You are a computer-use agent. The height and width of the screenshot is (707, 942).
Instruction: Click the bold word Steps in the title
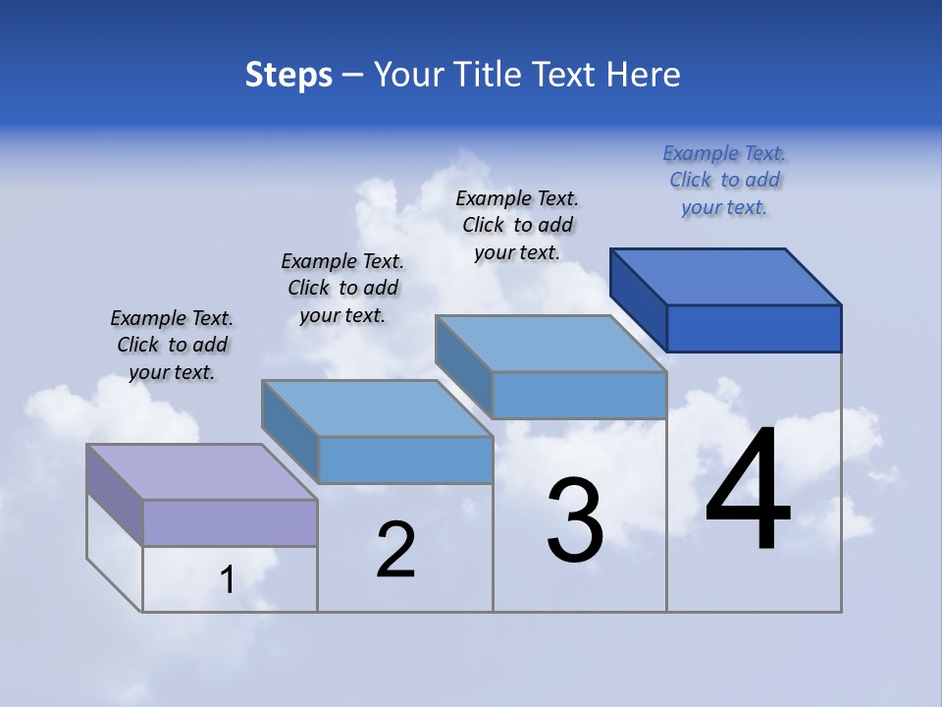tap(288, 75)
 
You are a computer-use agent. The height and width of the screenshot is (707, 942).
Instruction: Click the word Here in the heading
tap(644, 75)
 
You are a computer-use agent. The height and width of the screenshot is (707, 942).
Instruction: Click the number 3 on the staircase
tap(575, 520)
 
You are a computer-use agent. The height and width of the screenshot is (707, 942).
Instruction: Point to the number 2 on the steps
tap(396, 550)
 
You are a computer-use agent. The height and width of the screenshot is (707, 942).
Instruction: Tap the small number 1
tap(227, 580)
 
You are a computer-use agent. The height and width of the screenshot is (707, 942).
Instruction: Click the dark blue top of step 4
tap(726, 276)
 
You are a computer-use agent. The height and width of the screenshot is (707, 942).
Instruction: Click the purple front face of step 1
tap(230, 522)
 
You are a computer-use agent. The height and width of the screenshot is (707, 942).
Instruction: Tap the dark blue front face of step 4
tap(754, 328)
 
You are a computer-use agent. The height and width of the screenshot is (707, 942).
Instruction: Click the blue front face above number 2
tap(405, 460)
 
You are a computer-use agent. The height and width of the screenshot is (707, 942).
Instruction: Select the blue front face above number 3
tap(579, 395)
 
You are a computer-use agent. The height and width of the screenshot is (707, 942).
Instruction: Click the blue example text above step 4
tap(724, 180)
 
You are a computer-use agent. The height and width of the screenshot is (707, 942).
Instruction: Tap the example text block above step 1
tap(172, 345)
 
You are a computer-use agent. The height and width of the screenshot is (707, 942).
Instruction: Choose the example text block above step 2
tap(342, 288)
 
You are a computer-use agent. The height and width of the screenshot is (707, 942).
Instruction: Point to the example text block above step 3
tap(517, 225)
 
